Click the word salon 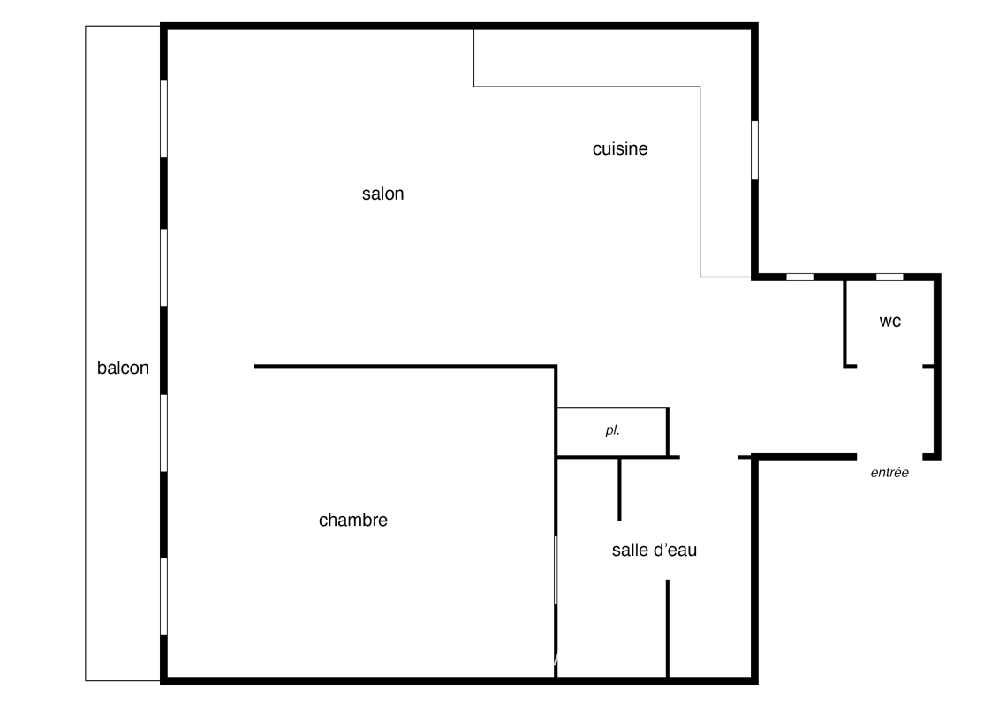coord(383,194)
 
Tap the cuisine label coord(620,149)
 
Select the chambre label coord(353,521)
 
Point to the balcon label coord(123,368)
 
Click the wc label coord(890,322)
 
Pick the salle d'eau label coord(655,551)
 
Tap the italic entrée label coord(889,473)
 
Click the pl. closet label coord(612,430)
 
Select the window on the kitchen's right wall coord(754,150)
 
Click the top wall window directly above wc coord(889,277)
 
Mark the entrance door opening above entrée coord(889,457)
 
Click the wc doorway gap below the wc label coord(889,366)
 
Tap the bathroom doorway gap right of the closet coord(709,457)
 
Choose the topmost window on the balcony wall coord(163,119)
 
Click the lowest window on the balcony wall coord(163,596)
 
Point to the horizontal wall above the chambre coord(405,366)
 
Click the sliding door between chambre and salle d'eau coord(556,570)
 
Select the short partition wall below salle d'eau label coord(668,628)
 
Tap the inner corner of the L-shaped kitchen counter coord(700,87)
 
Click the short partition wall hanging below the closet coord(619,489)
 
